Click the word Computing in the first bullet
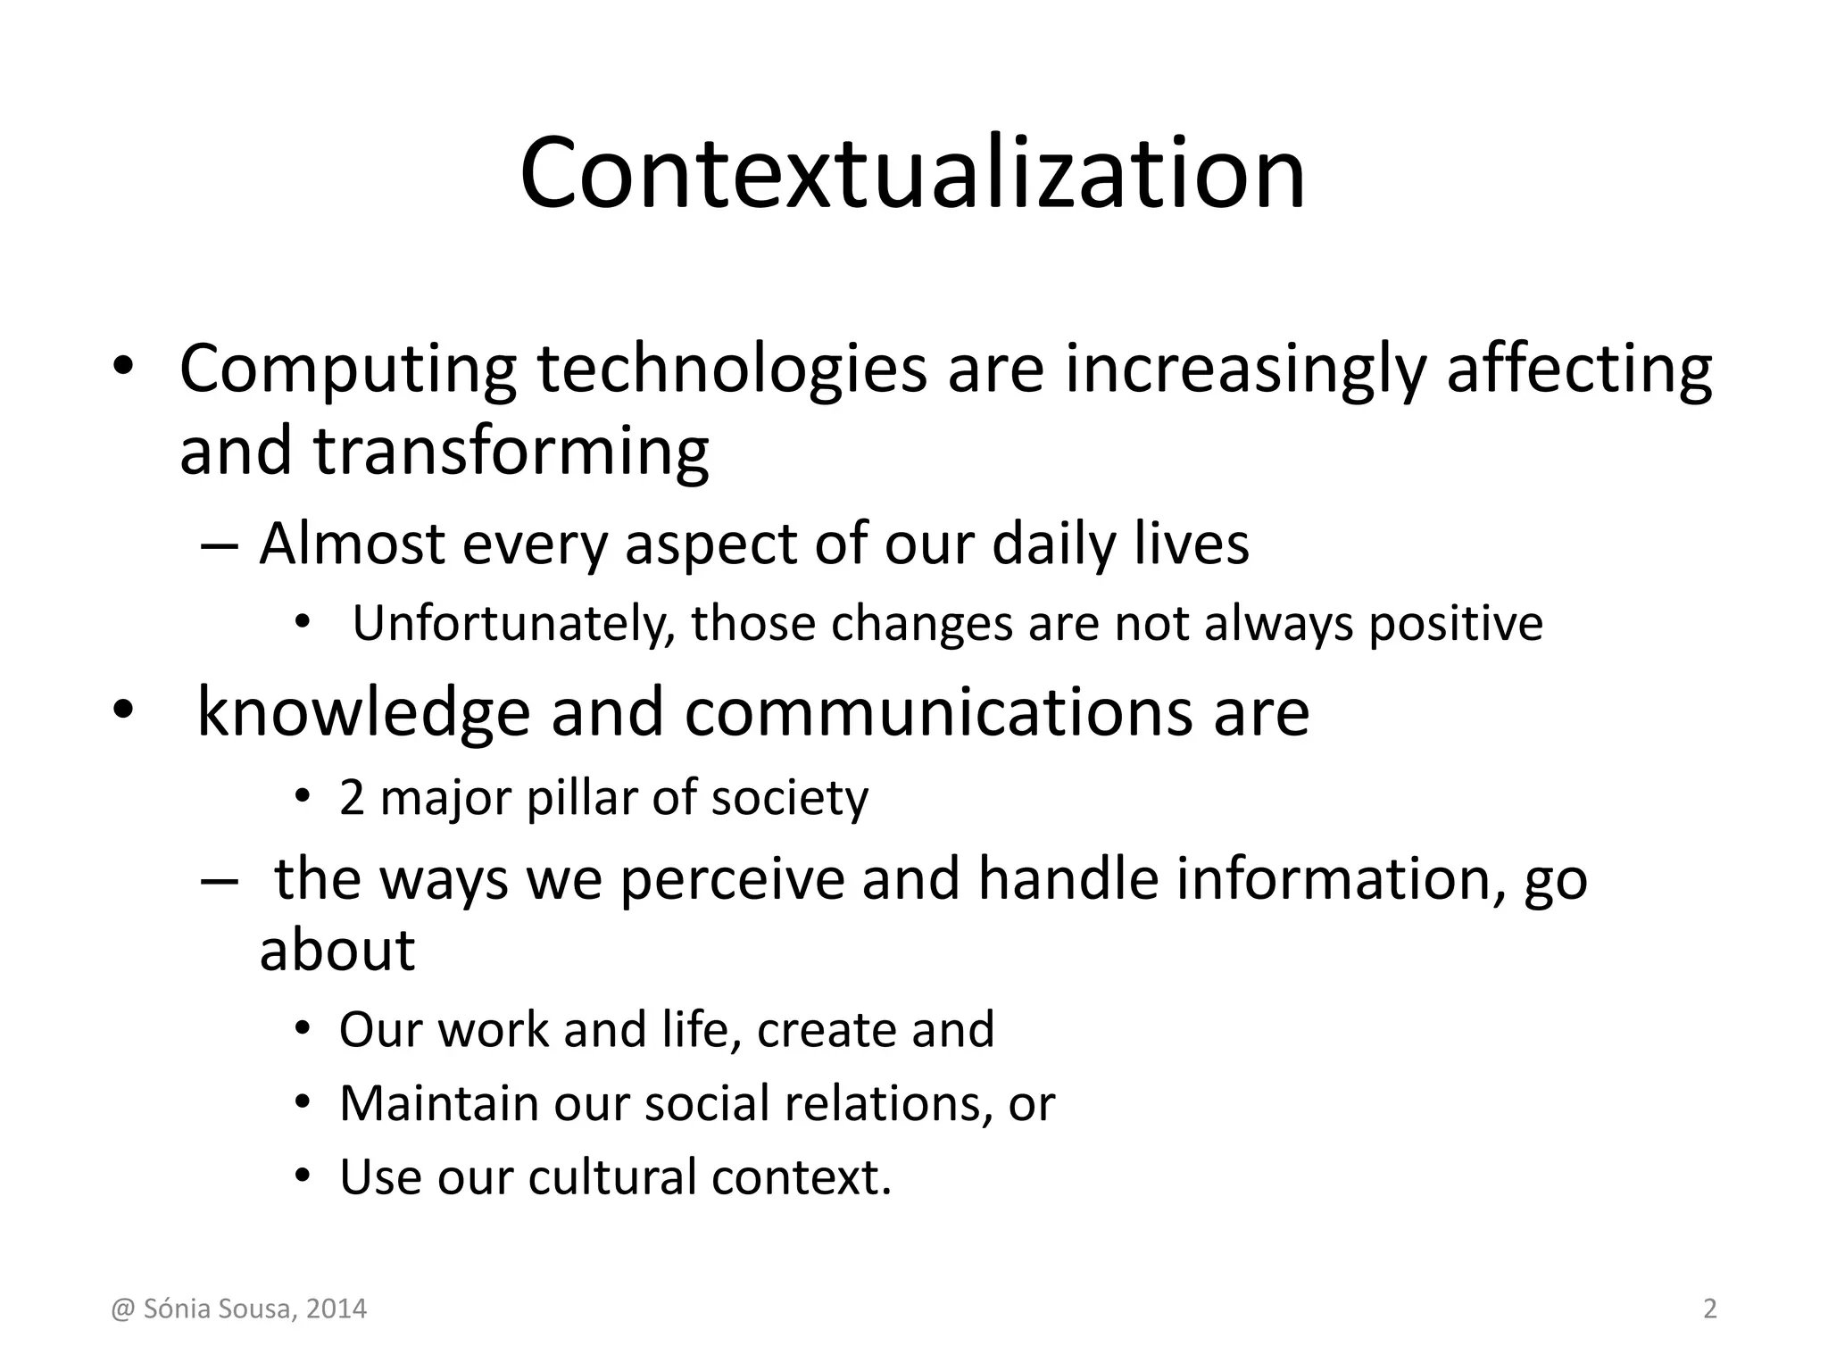[x=348, y=370]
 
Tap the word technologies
[x=732, y=370]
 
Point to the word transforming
[x=511, y=452]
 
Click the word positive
[x=1456, y=624]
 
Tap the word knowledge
[x=362, y=712]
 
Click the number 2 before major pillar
[x=352, y=798]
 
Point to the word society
[x=789, y=798]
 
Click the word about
[x=337, y=950]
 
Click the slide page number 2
[x=1709, y=1309]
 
